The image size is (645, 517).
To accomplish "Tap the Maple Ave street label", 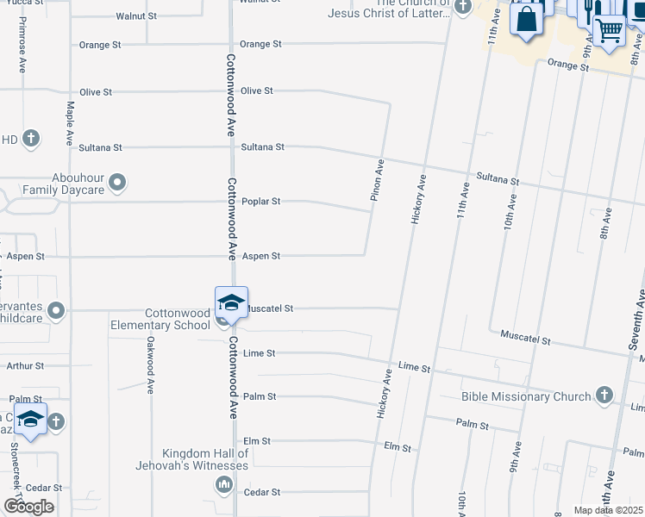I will [70, 123].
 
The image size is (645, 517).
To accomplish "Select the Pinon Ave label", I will [377, 180].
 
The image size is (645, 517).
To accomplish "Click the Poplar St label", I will [261, 202].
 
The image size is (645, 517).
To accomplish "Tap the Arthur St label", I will [25, 366].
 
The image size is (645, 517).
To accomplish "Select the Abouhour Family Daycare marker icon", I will [119, 182].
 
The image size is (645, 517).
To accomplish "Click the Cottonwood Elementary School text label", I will [160, 319].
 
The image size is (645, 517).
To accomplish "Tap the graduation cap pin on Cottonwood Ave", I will [231, 302].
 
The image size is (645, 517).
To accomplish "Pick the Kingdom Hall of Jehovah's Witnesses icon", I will [223, 485].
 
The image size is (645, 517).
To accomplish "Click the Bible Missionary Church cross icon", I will [604, 396].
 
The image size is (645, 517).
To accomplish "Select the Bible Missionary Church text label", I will [526, 396].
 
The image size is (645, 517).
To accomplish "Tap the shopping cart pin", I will [610, 29].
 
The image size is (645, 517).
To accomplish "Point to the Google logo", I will [28, 507].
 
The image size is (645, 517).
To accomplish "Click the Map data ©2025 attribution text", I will [608, 510].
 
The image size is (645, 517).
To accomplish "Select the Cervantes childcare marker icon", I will [57, 310].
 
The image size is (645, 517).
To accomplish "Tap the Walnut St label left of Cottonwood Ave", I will [136, 16].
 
